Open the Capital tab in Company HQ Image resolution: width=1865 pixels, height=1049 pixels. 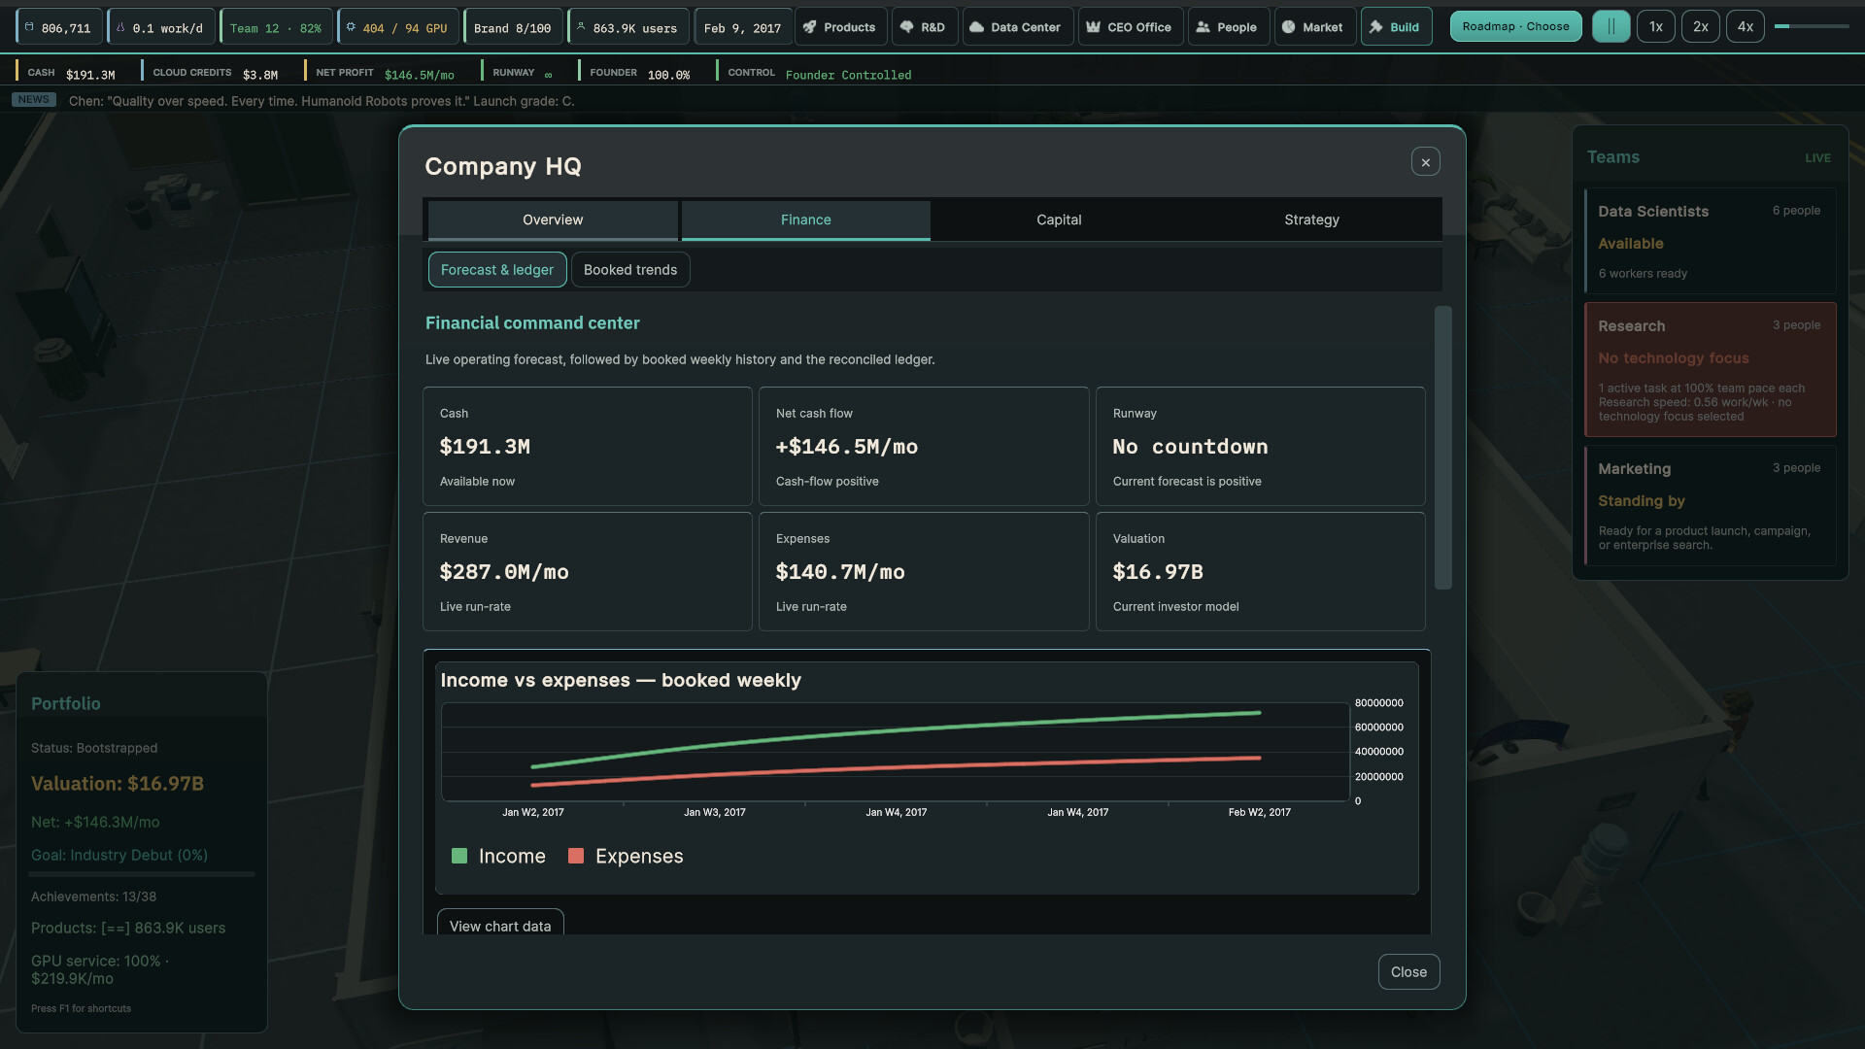click(1059, 220)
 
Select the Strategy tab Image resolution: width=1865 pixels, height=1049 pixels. click(1311, 220)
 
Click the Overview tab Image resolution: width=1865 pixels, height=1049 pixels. click(553, 220)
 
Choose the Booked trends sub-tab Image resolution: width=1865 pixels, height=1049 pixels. click(630, 270)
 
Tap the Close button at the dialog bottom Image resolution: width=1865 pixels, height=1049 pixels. click(1408, 972)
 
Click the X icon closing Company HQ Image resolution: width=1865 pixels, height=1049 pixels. click(1426, 162)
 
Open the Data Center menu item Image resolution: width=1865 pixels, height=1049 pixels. click(1018, 27)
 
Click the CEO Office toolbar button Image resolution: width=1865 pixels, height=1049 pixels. click(1130, 27)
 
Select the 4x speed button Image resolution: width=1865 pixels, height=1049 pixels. click(1746, 27)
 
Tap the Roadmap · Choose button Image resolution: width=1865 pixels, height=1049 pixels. click(1515, 27)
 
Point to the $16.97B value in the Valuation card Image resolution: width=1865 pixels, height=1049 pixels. click(1158, 572)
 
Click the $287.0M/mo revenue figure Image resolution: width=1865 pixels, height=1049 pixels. click(504, 572)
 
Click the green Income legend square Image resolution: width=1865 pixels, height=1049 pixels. click(459, 856)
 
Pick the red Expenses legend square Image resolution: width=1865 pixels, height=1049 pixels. click(576, 856)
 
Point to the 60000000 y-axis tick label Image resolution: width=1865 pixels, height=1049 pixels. click(1379, 728)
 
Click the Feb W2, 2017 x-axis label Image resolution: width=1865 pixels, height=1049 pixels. click(1260, 812)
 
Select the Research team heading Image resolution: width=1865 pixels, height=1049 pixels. click(1632, 326)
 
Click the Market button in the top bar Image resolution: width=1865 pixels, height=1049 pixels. click(1312, 27)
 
